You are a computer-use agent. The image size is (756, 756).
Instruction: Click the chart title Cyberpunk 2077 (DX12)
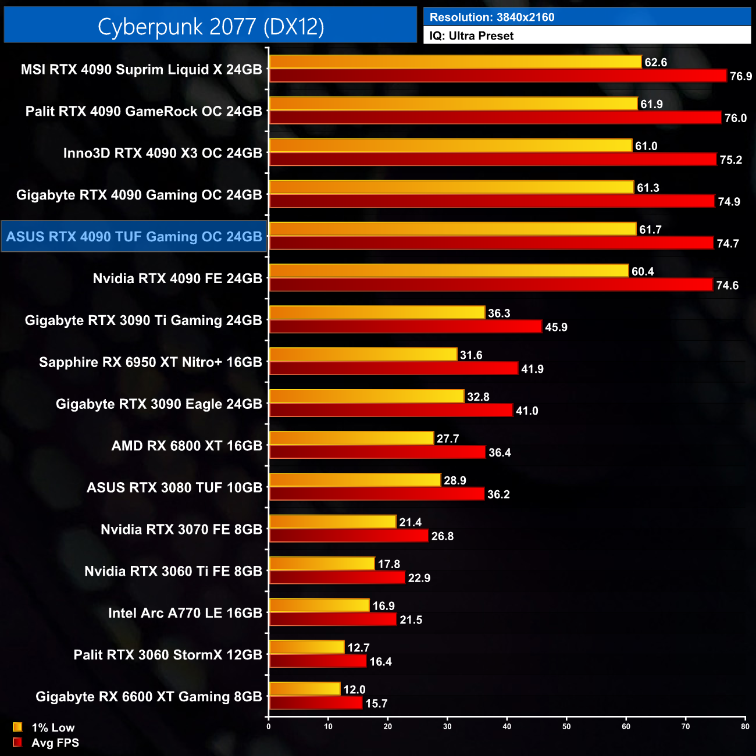pyautogui.click(x=211, y=26)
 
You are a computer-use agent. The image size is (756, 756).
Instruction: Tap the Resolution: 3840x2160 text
pyautogui.click(x=492, y=17)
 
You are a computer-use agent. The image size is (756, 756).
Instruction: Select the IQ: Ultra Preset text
pyautogui.click(x=472, y=35)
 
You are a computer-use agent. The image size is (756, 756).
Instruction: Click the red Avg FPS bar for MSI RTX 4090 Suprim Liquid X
pyautogui.click(x=498, y=76)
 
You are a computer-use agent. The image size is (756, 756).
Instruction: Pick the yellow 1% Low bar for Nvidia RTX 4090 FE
pyautogui.click(x=449, y=271)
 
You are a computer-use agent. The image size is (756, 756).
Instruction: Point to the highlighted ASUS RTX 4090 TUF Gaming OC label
pyautogui.click(x=134, y=237)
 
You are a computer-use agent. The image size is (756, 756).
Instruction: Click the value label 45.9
pyautogui.click(x=556, y=327)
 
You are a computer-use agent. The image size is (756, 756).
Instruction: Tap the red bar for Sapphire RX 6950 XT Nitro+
pyautogui.click(x=393, y=369)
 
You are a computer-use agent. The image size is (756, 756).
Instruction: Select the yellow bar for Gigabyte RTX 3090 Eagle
pyautogui.click(x=366, y=397)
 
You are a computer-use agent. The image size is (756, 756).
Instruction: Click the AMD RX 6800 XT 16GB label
pyautogui.click(x=187, y=446)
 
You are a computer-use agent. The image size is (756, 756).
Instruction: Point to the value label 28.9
pyautogui.click(x=455, y=480)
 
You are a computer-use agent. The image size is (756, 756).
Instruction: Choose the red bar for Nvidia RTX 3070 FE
pyautogui.click(x=348, y=536)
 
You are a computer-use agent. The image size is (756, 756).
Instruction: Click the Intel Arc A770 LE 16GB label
pyautogui.click(x=185, y=613)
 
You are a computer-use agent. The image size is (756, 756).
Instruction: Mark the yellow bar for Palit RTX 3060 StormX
pyautogui.click(x=306, y=647)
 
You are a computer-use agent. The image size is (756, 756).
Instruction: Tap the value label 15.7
pyautogui.click(x=376, y=703)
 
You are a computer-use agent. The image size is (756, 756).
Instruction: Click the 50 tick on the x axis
pyautogui.click(x=566, y=726)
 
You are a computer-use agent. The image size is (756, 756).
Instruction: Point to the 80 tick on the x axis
pyautogui.click(x=745, y=726)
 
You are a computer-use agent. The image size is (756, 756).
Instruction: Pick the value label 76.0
pyautogui.click(x=735, y=118)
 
